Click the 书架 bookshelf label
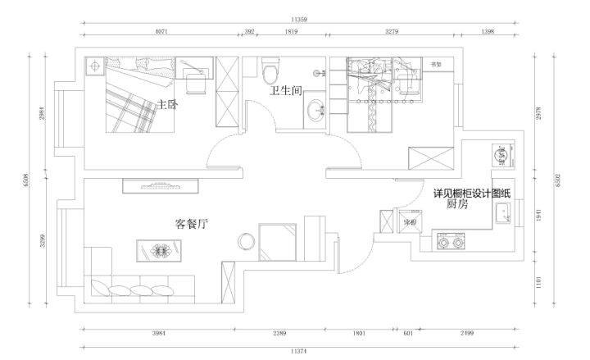click(437, 63)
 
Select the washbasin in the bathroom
click(314, 113)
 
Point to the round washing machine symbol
click(500, 153)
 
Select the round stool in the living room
click(246, 241)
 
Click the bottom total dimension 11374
click(302, 350)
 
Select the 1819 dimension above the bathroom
click(291, 33)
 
